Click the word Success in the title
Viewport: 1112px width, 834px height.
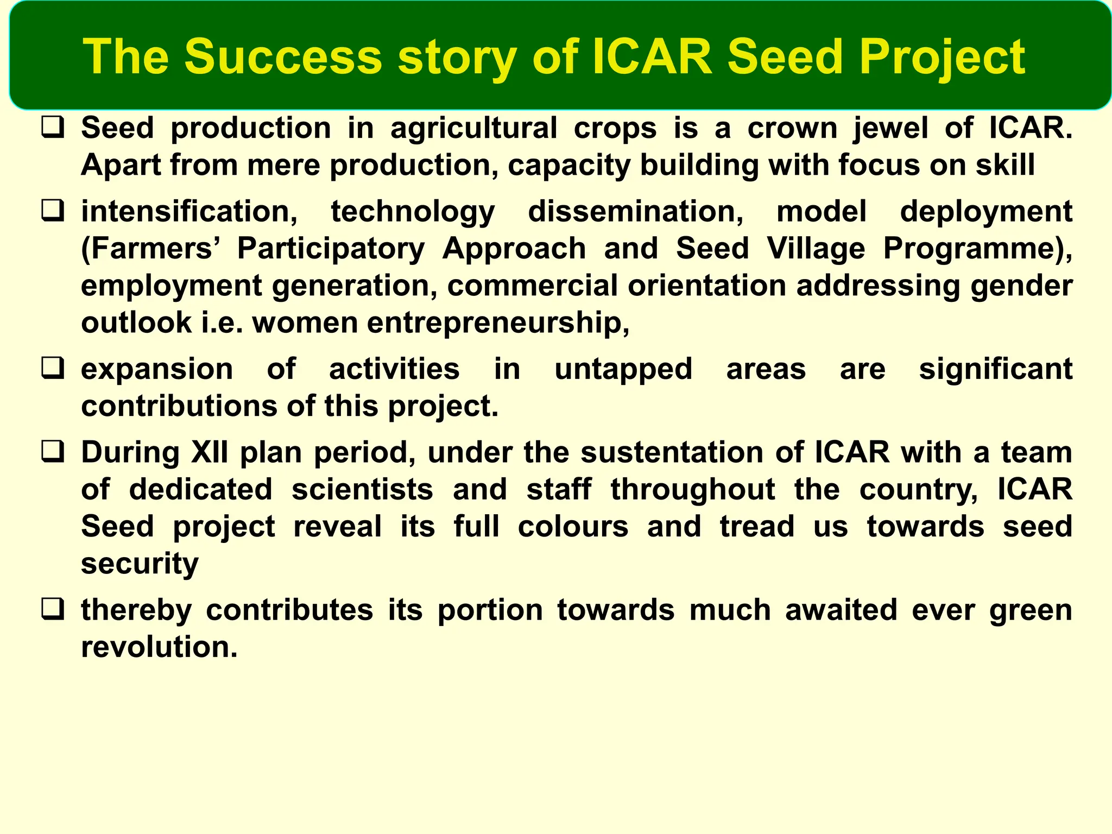[x=283, y=56]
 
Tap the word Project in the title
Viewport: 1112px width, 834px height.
[x=942, y=56]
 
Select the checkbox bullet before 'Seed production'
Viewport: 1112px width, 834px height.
[x=53, y=128]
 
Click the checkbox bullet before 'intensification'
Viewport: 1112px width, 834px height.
[x=53, y=211]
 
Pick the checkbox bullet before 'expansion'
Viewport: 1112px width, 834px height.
[x=53, y=369]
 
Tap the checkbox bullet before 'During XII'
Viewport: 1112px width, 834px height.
[x=53, y=452]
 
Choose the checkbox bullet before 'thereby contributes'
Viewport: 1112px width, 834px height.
[x=53, y=610]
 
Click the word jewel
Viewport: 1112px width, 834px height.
[x=890, y=129]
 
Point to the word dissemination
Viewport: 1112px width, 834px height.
[x=636, y=212]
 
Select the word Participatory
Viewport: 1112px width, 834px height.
[x=331, y=249]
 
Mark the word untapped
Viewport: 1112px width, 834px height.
[x=623, y=370]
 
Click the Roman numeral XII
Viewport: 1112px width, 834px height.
[x=210, y=452]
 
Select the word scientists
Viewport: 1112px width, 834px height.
[x=362, y=489]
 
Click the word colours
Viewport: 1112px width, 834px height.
[x=573, y=527]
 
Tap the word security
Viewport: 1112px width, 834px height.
[x=140, y=564]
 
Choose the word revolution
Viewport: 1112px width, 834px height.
[x=159, y=647]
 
